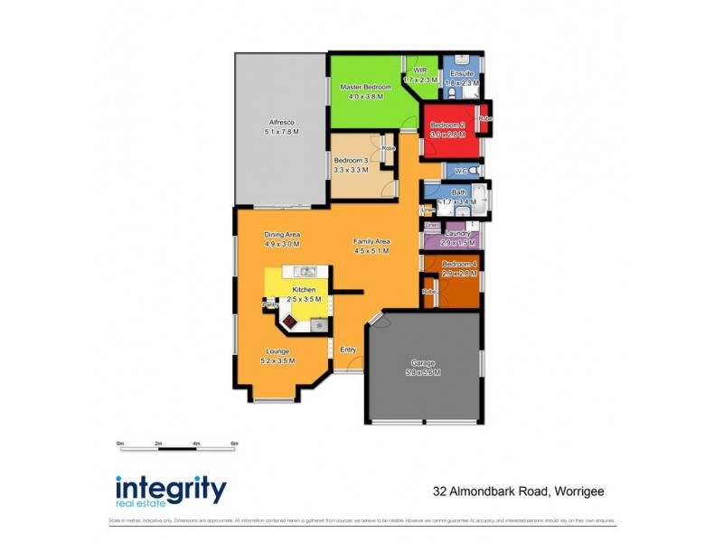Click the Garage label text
tap(423, 366)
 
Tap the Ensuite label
tap(462, 72)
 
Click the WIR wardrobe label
tap(419, 70)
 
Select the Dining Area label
tap(282, 234)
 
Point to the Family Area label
tap(371, 241)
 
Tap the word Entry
tap(348, 350)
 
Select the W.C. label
tap(460, 170)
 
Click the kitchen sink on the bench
tap(306, 271)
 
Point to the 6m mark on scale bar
tap(234, 444)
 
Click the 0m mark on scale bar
tap(120, 444)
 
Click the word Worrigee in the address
tap(573, 492)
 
